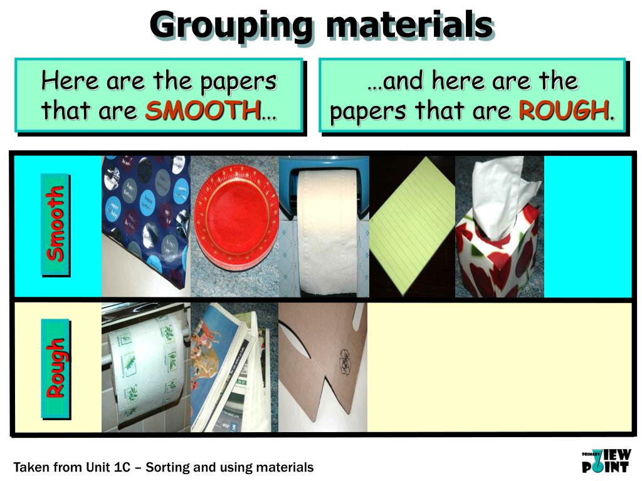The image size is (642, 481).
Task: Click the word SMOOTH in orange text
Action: click(x=203, y=111)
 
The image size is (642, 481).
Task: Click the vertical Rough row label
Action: click(x=56, y=368)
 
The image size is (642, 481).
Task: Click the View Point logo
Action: click(x=606, y=460)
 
